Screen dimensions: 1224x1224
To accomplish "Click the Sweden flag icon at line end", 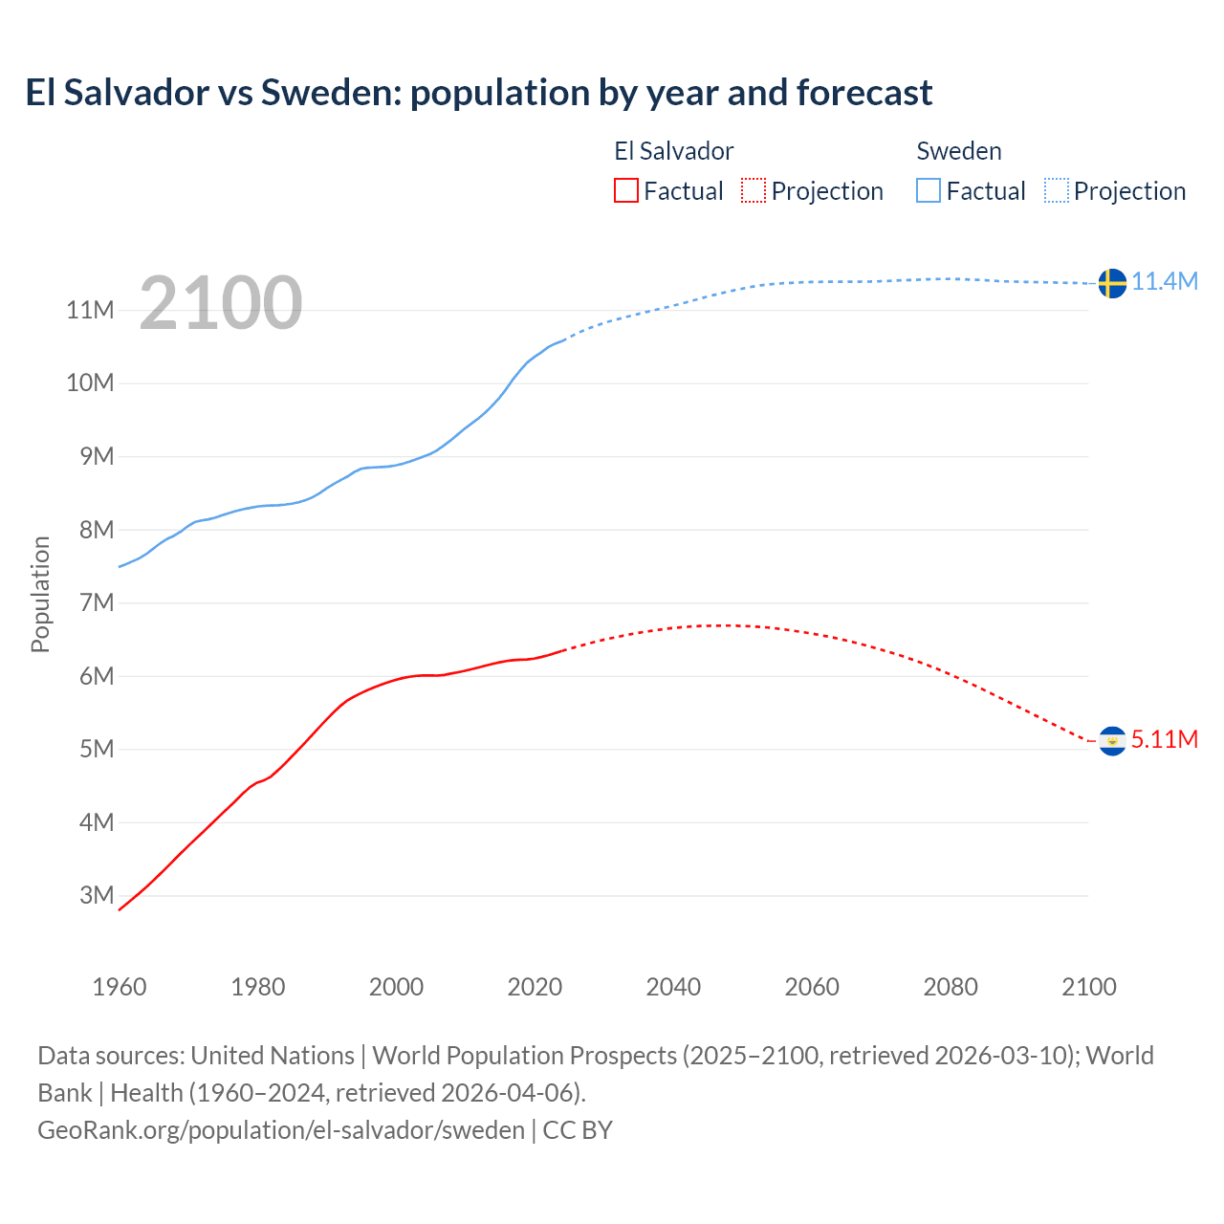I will pos(1112,283).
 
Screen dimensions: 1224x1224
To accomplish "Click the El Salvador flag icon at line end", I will pos(1112,741).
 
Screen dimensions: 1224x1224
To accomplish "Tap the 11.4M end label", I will pos(1165,281).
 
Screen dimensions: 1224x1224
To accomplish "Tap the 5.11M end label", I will pos(1165,739).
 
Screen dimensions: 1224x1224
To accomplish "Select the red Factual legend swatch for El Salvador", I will pos(625,190).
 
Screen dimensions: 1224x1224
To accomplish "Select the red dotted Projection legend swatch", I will pos(754,190).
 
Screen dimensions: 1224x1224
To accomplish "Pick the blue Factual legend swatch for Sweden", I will pos(928,190).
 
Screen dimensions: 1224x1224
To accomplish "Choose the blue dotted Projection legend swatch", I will pos(1057,190).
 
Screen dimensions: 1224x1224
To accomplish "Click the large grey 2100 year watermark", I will pos(221,303).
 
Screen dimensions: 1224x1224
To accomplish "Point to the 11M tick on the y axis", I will pos(91,310).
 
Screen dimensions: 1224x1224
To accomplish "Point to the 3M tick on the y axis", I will pos(97,895).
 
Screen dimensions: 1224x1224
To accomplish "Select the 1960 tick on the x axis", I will pos(120,987).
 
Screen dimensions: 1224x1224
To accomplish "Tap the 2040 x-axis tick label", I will pos(673,987).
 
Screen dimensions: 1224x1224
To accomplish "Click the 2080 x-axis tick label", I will pos(951,987).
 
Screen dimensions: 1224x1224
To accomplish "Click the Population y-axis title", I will pos(40,594).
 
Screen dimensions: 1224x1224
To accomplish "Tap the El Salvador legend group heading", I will pos(673,151).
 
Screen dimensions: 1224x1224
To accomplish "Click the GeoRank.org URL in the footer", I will pos(281,1129).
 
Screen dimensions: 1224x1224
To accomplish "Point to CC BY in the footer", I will pos(578,1129).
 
